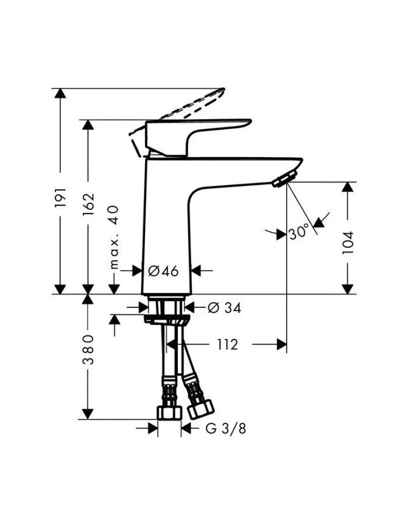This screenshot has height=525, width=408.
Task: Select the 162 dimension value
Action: tap(89, 205)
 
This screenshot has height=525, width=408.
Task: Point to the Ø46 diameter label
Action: tap(163, 270)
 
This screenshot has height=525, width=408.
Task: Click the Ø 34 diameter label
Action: tap(224, 308)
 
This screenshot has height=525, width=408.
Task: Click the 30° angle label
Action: tap(298, 233)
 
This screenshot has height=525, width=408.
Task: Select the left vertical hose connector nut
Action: tap(168, 411)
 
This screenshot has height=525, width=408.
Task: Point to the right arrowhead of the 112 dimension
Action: tap(282, 345)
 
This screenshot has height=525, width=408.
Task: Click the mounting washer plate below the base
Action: tap(168, 320)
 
